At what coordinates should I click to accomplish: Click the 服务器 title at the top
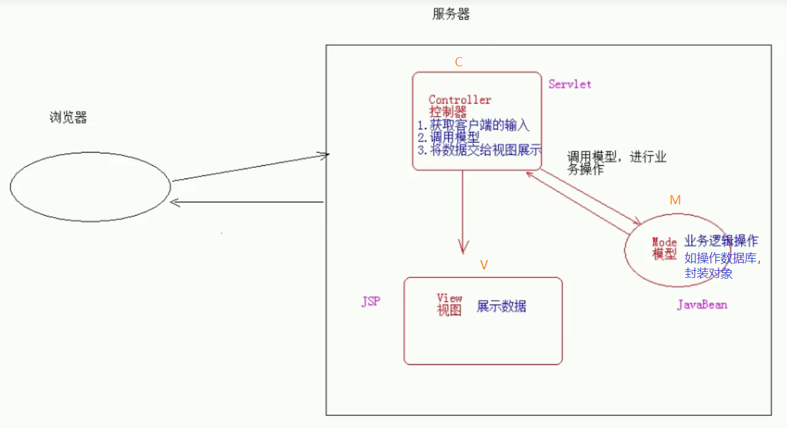pyautogui.click(x=451, y=15)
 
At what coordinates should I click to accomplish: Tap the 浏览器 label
pyautogui.click(x=68, y=118)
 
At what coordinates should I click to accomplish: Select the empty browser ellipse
pyautogui.click(x=90, y=186)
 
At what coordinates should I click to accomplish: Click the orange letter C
pyautogui.click(x=459, y=62)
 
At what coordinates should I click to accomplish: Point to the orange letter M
pyautogui.click(x=675, y=200)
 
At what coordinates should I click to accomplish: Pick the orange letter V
pyautogui.click(x=483, y=265)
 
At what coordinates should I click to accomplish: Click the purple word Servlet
pyautogui.click(x=570, y=84)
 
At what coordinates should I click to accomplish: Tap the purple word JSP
pyautogui.click(x=371, y=302)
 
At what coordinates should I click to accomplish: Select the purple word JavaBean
pyautogui.click(x=702, y=305)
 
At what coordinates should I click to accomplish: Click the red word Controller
pyautogui.click(x=460, y=100)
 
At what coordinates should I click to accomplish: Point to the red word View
pyautogui.click(x=449, y=298)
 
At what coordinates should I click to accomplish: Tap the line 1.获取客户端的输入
pyautogui.click(x=473, y=125)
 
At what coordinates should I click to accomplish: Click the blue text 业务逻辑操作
pyautogui.click(x=721, y=241)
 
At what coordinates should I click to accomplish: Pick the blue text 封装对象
pyautogui.click(x=709, y=273)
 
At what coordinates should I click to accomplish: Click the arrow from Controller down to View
pyautogui.click(x=463, y=212)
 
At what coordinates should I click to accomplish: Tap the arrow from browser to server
pyautogui.click(x=249, y=168)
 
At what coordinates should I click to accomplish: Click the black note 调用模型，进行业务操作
pyautogui.click(x=616, y=163)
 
